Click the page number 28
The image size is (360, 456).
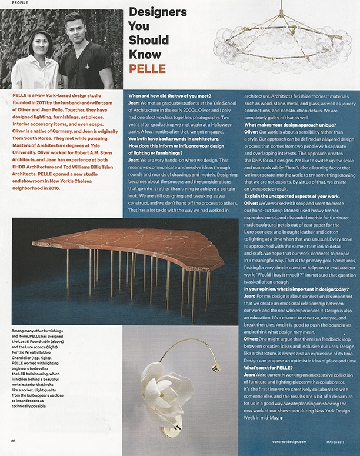click(13, 440)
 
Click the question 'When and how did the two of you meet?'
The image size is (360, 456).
click(171, 95)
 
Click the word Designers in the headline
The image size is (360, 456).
click(157, 12)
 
